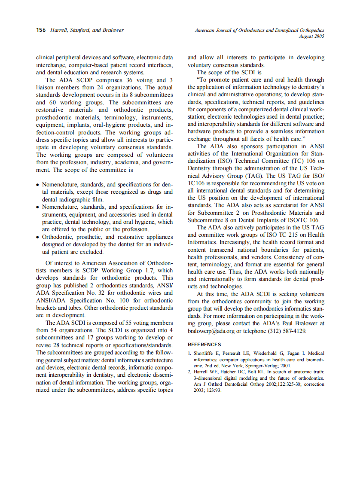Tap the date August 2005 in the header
coord(311,36)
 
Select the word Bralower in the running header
coord(112,30)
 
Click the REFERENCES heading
coord(204,345)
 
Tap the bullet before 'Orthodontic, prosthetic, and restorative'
coord(38,237)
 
